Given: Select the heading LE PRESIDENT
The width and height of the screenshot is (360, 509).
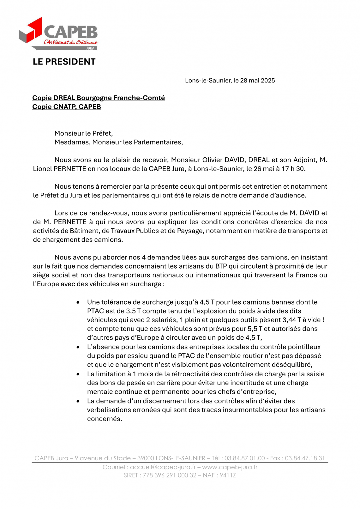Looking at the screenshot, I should [x=64, y=62].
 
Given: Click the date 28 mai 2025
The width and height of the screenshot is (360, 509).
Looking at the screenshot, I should [x=257, y=81].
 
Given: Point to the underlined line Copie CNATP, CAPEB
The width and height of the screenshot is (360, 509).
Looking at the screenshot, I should [x=67, y=107].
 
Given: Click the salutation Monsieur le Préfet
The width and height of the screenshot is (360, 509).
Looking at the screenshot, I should [x=84, y=133].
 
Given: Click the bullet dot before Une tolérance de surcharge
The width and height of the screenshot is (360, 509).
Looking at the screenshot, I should [x=78, y=302].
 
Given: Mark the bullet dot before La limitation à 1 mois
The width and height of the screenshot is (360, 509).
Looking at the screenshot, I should [x=78, y=374].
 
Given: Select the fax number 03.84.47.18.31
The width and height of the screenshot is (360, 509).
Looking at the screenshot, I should [x=305, y=458].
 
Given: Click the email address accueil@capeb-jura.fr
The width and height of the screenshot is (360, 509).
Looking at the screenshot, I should [x=163, y=467].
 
